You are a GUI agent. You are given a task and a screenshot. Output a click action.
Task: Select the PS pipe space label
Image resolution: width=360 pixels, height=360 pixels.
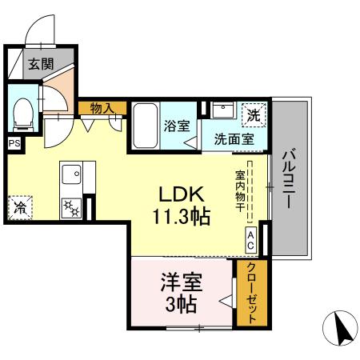[x=14, y=143]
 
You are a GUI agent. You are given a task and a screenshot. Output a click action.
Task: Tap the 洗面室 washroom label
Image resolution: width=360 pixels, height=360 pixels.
[x=234, y=138]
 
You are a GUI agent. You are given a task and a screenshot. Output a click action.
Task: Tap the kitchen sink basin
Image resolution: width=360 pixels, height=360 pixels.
[x=70, y=173]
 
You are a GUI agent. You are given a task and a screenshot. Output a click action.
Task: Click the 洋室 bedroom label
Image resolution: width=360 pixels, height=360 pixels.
[x=182, y=283]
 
